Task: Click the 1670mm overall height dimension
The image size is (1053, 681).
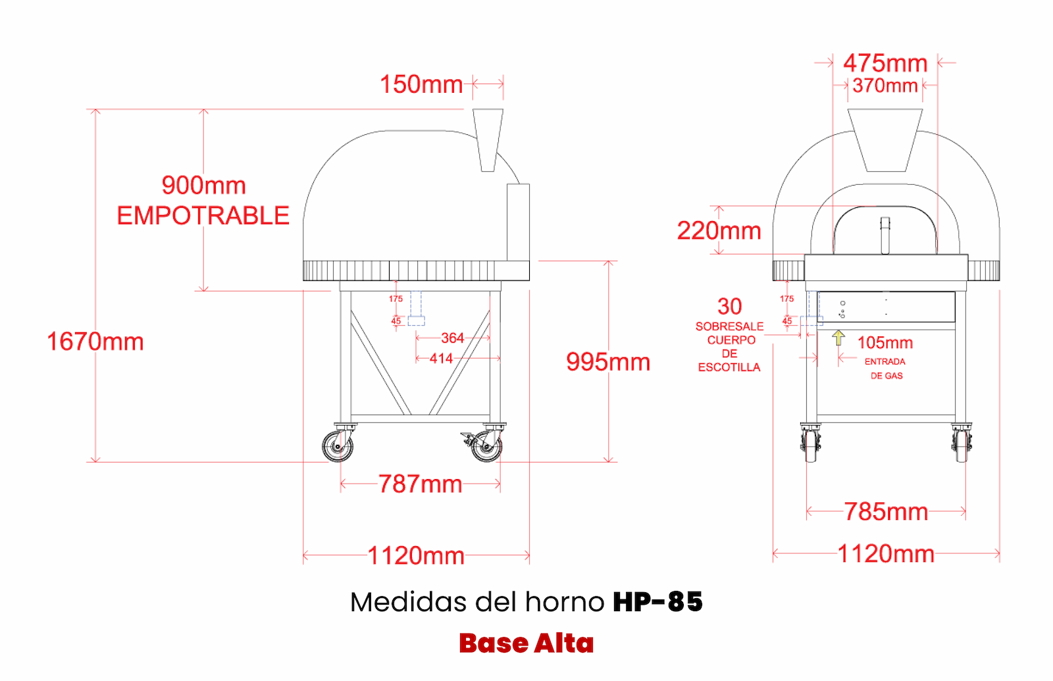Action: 95,341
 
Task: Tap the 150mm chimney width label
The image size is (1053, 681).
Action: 421,85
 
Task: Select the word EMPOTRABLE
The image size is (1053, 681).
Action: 203,216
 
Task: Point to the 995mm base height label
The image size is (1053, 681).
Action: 608,362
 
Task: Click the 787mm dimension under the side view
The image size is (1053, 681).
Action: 421,484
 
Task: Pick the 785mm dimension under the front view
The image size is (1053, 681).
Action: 886,512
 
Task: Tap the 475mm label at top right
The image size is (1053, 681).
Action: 885,63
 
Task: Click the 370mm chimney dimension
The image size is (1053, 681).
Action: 885,86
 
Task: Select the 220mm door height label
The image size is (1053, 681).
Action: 719,231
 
